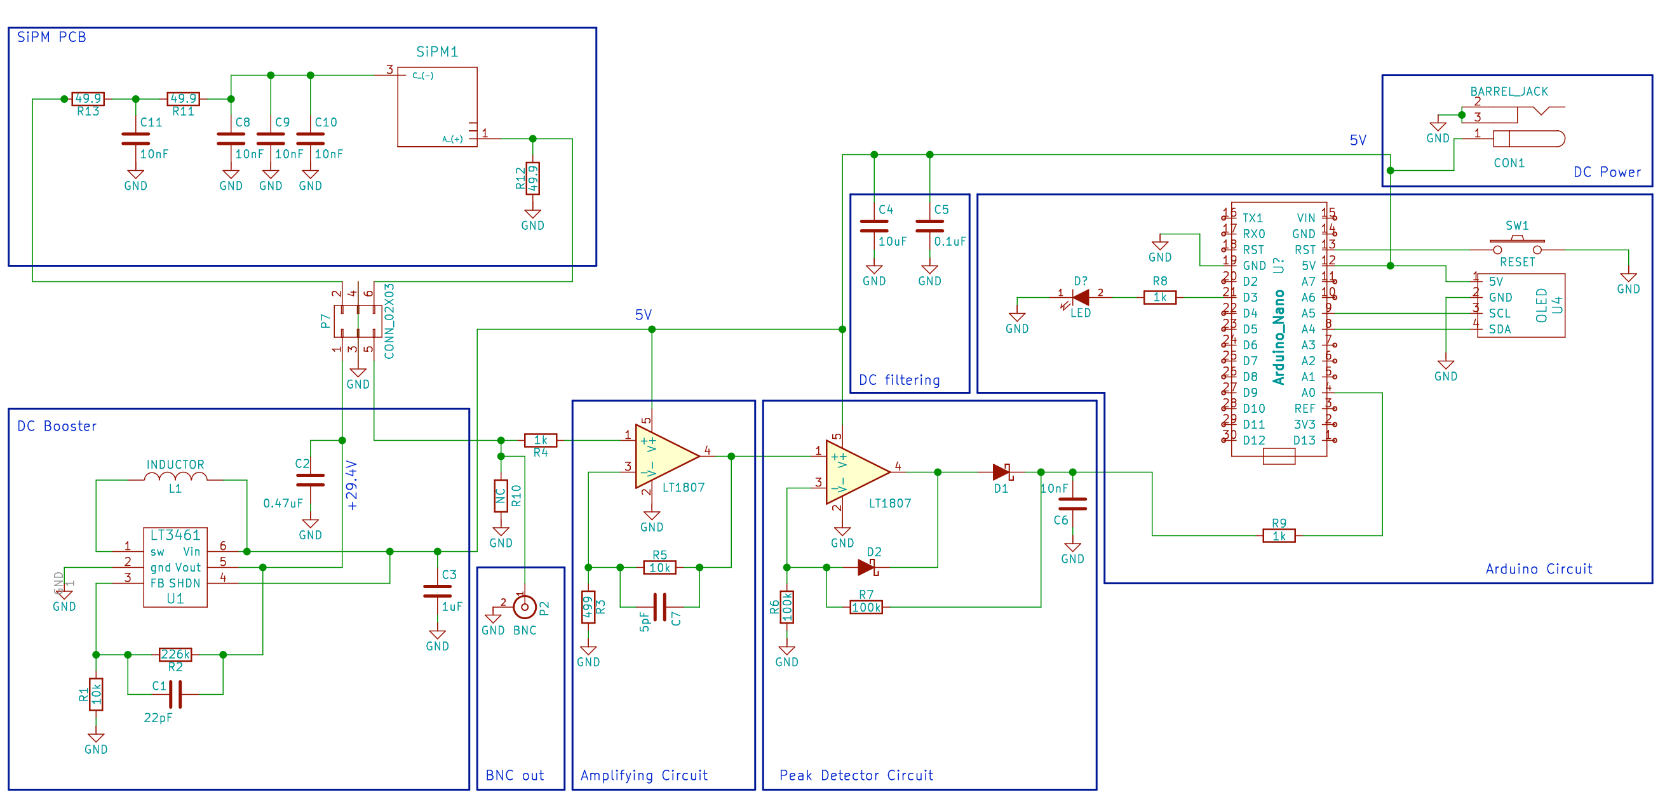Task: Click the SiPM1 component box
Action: [x=437, y=107]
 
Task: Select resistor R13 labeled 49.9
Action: [x=88, y=98]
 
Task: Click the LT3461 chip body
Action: [x=175, y=566]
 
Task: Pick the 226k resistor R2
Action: [x=175, y=654]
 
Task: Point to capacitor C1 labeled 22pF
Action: [x=175, y=693]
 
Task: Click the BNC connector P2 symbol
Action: [x=525, y=606]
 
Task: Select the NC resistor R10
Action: [x=501, y=495]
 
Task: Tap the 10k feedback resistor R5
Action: [x=659, y=567]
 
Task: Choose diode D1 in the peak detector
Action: [x=1002, y=472]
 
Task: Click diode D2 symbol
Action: [x=866, y=567]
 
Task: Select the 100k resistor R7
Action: [x=866, y=607]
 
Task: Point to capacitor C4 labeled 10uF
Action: [x=873, y=226]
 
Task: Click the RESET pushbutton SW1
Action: [x=1516, y=246]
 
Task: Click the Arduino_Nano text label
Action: [x=1279, y=337]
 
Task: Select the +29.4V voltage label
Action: [x=352, y=485]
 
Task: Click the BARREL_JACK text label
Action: [x=1509, y=91]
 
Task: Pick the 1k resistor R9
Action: [x=1279, y=535]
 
